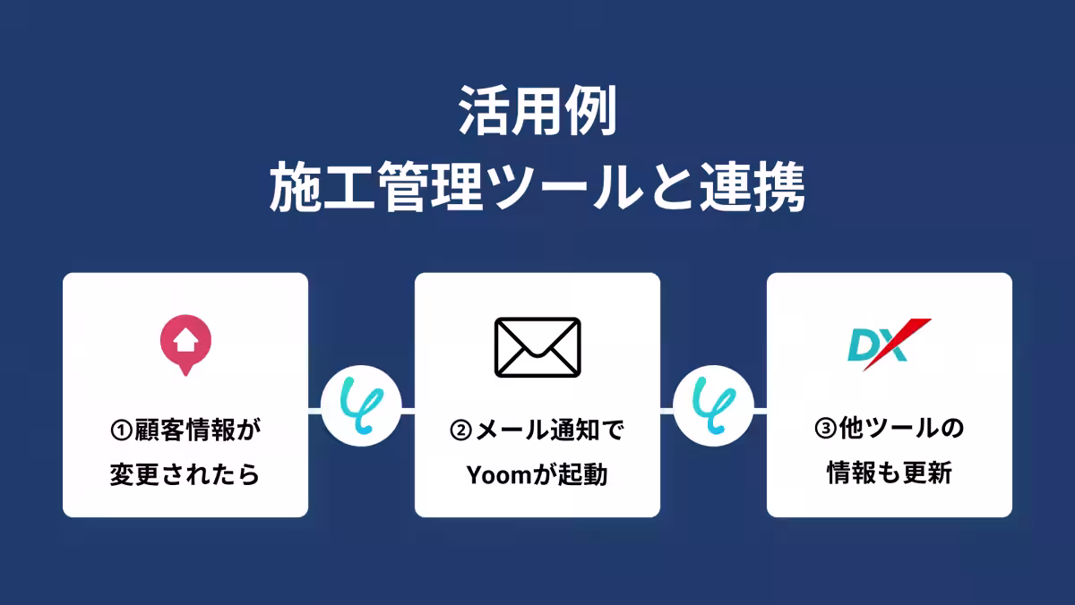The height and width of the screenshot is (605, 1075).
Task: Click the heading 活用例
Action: [537, 112]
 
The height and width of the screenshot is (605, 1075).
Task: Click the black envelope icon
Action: [537, 347]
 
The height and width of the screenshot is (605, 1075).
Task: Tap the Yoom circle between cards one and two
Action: [361, 409]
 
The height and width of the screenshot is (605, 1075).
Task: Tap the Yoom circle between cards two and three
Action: [713, 409]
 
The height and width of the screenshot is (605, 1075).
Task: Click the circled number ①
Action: [121, 430]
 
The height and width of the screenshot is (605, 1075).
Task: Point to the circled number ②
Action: [460, 430]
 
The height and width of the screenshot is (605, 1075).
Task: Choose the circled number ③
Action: [826, 430]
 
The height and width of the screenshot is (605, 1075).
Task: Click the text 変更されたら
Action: [185, 474]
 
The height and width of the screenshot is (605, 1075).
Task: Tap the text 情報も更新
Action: [889, 474]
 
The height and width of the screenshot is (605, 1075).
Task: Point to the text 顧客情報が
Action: [197, 430]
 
